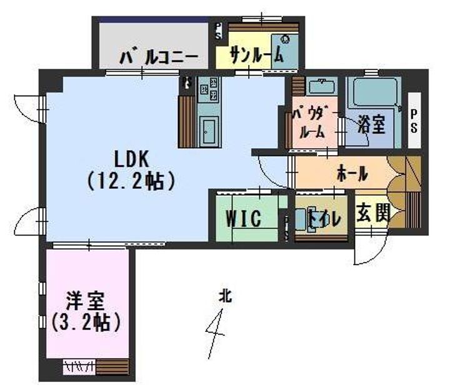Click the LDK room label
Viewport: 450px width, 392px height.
tap(131, 159)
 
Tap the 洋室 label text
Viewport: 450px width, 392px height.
tap(85, 301)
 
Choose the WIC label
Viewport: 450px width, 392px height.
tap(244, 219)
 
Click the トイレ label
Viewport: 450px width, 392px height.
tap(324, 219)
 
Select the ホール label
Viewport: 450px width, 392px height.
tap(352, 173)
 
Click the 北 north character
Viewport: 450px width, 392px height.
tap(225, 296)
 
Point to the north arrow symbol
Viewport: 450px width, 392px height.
tap(216, 334)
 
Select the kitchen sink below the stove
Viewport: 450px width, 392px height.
tap(209, 131)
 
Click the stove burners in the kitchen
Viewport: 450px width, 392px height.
tap(209, 88)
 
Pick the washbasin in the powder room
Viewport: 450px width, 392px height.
tap(322, 86)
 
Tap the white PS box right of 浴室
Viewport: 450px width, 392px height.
tap(414, 121)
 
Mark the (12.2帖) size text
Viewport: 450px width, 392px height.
tap(131, 181)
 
